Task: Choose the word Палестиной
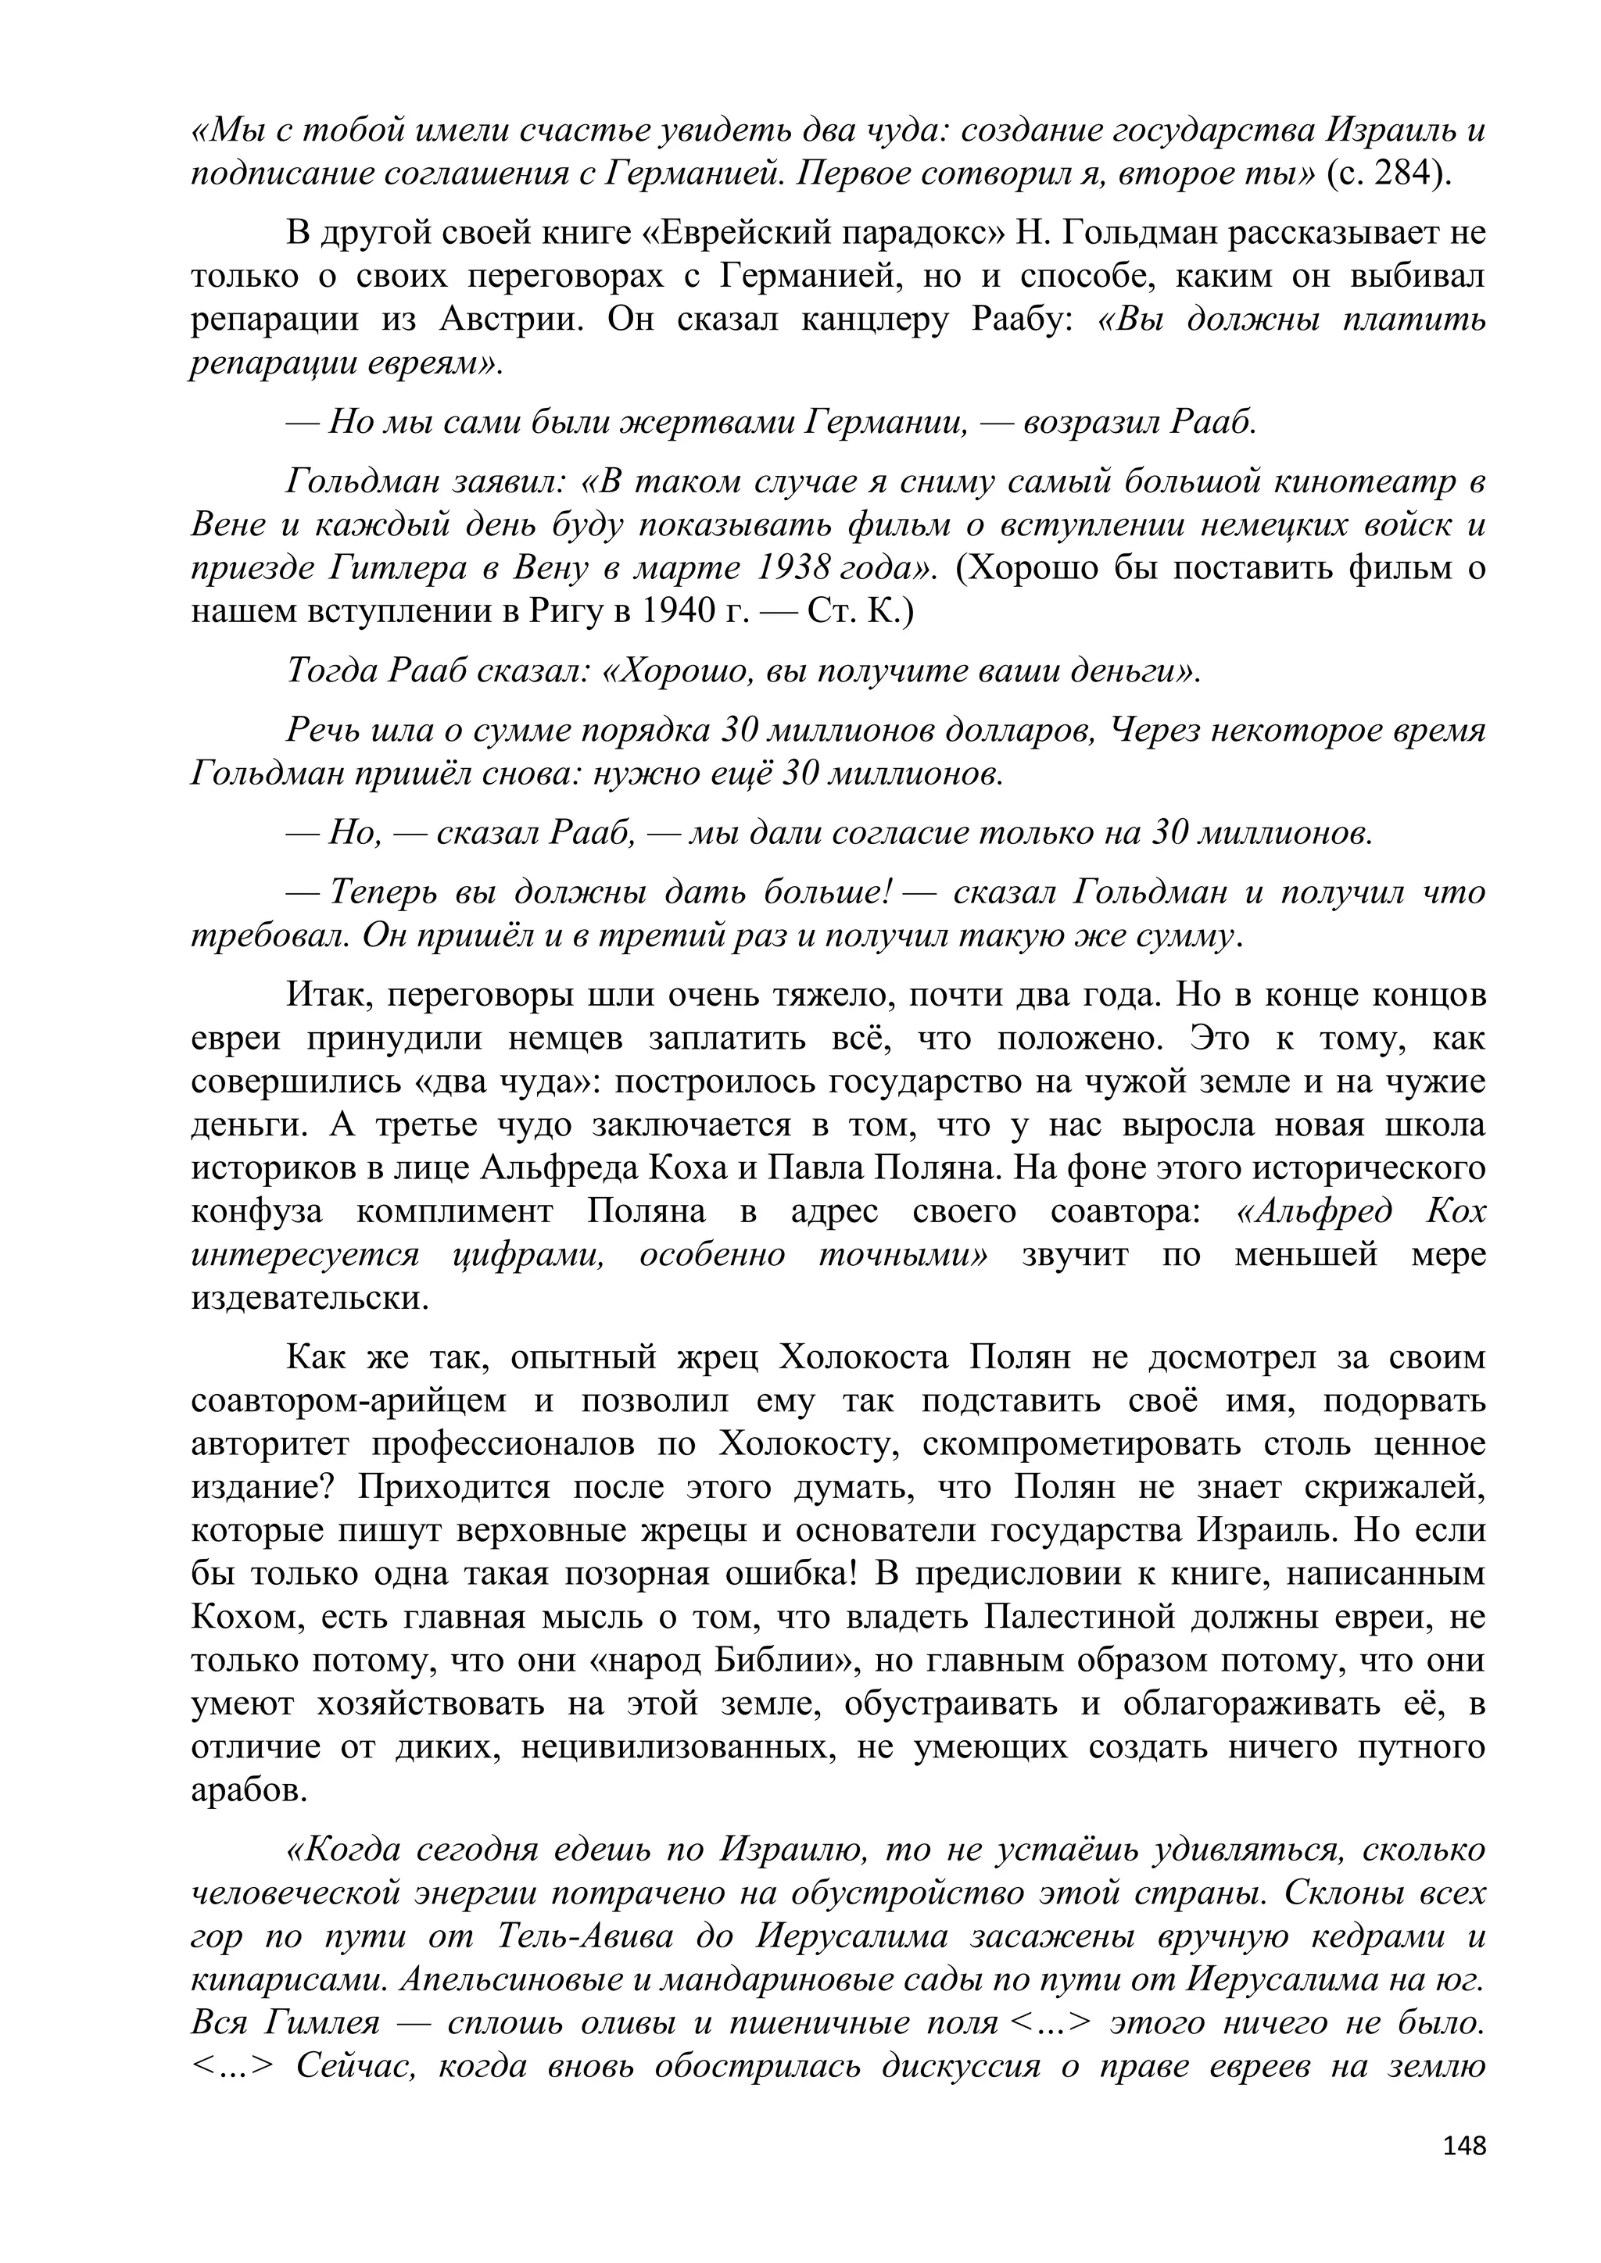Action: click(1084, 1618)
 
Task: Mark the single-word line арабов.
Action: click(249, 1790)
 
